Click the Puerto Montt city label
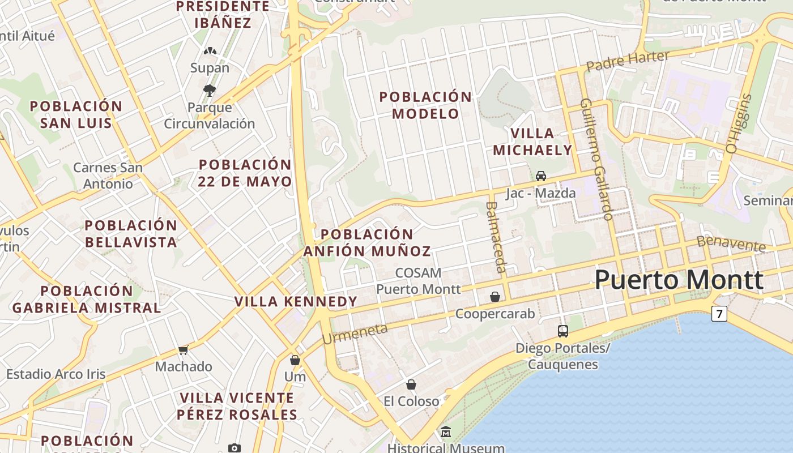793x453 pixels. [x=679, y=280]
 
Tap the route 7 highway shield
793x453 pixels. [x=719, y=313]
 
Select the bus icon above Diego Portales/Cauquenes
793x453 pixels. [x=562, y=331]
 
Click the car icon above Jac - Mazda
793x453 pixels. [x=541, y=176]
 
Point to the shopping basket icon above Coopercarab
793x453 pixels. [x=495, y=297]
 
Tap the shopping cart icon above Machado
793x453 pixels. [x=183, y=351]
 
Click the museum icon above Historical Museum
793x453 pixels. [x=446, y=432]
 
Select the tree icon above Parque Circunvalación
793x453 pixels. [x=210, y=90]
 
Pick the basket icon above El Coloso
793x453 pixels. [x=411, y=384]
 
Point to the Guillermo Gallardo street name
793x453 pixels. [x=597, y=159]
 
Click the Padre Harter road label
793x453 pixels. [x=628, y=61]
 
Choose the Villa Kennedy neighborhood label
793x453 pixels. [x=296, y=301]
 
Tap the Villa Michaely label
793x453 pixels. [x=532, y=142]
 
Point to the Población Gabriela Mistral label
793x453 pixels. [x=87, y=300]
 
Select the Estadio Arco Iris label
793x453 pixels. [x=56, y=374]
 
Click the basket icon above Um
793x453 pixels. [x=295, y=360]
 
